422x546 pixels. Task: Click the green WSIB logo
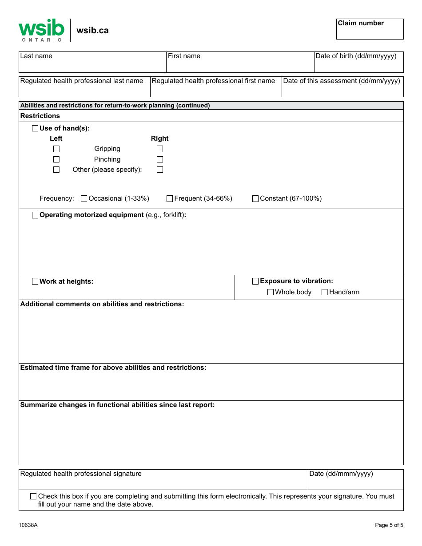[x=41, y=30]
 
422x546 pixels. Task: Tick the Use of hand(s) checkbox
[x=35, y=128]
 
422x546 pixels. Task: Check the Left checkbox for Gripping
[x=56, y=149]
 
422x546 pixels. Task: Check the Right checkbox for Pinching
[x=160, y=159]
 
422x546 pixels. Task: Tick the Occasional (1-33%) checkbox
[x=84, y=199]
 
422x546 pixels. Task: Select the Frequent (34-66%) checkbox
[x=170, y=199]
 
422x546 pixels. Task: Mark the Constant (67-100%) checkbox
[x=255, y=199]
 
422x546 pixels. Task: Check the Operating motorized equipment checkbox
[x=35, y=215]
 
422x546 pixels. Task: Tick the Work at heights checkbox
[x=35, y=281]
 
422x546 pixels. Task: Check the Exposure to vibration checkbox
[x=255, y=281]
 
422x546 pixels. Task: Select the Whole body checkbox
[x=271, y=292]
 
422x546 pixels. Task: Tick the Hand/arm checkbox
[x=325, y=292]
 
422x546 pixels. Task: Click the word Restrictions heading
[x=40, y=116]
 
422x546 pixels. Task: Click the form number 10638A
[x=28, y=525]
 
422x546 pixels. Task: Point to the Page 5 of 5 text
[x=389, y=525]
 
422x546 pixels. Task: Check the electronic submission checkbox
[x=33, y=496]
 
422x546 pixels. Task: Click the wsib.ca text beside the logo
[x=92, y=31]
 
